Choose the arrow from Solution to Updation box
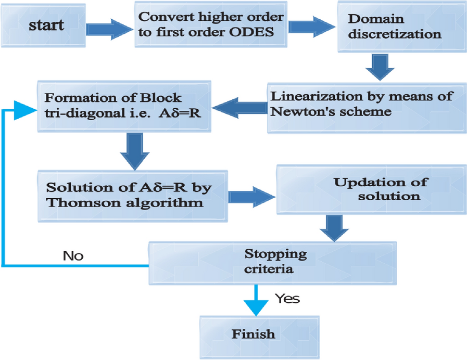tap(251, 195)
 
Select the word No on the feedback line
tap(73, 255)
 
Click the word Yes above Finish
tap(287, 299)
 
